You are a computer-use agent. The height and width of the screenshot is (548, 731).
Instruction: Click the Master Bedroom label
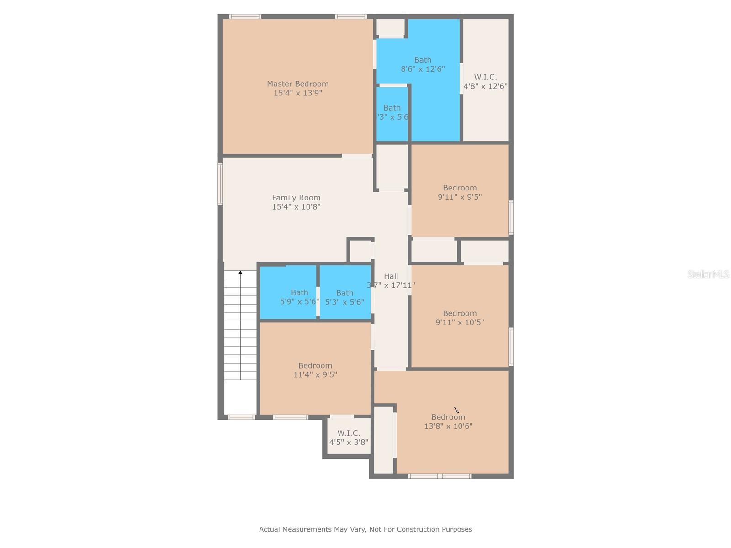(297, 84)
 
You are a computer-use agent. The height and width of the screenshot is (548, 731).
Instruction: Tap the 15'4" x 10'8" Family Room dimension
(296, 207)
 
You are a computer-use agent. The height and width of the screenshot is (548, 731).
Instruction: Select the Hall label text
(391, 276)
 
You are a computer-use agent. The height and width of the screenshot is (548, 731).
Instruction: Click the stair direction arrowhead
(240, 273)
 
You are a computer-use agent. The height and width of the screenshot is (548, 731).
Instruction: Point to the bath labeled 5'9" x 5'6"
(299, 297)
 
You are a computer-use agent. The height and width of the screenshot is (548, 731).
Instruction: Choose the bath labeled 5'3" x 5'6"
(344, 297)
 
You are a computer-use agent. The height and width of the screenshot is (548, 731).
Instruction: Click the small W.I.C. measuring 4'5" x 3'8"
(349, 437)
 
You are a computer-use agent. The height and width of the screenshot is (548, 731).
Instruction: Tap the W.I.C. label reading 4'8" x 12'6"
(485, 82)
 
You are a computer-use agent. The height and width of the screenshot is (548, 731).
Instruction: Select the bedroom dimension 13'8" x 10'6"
(448, 426)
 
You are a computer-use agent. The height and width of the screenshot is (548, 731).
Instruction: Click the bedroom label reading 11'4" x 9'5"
(315, 370)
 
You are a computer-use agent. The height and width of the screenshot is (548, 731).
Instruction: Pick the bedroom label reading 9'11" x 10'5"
(460, 318)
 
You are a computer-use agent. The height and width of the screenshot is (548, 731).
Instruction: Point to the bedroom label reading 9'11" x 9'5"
(460, 192)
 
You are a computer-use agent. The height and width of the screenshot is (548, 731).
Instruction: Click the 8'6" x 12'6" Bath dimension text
(423, 69)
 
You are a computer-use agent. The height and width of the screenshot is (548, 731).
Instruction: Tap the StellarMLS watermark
(708, 274)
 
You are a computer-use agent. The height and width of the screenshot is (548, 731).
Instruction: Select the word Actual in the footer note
(270, 529)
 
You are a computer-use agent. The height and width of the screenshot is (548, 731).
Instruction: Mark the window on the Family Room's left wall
(220, 184)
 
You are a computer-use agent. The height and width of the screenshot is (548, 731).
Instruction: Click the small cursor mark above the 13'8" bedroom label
(456, 410)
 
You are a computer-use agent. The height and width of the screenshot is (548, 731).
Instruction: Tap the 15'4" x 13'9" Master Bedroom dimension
(297, 93)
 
